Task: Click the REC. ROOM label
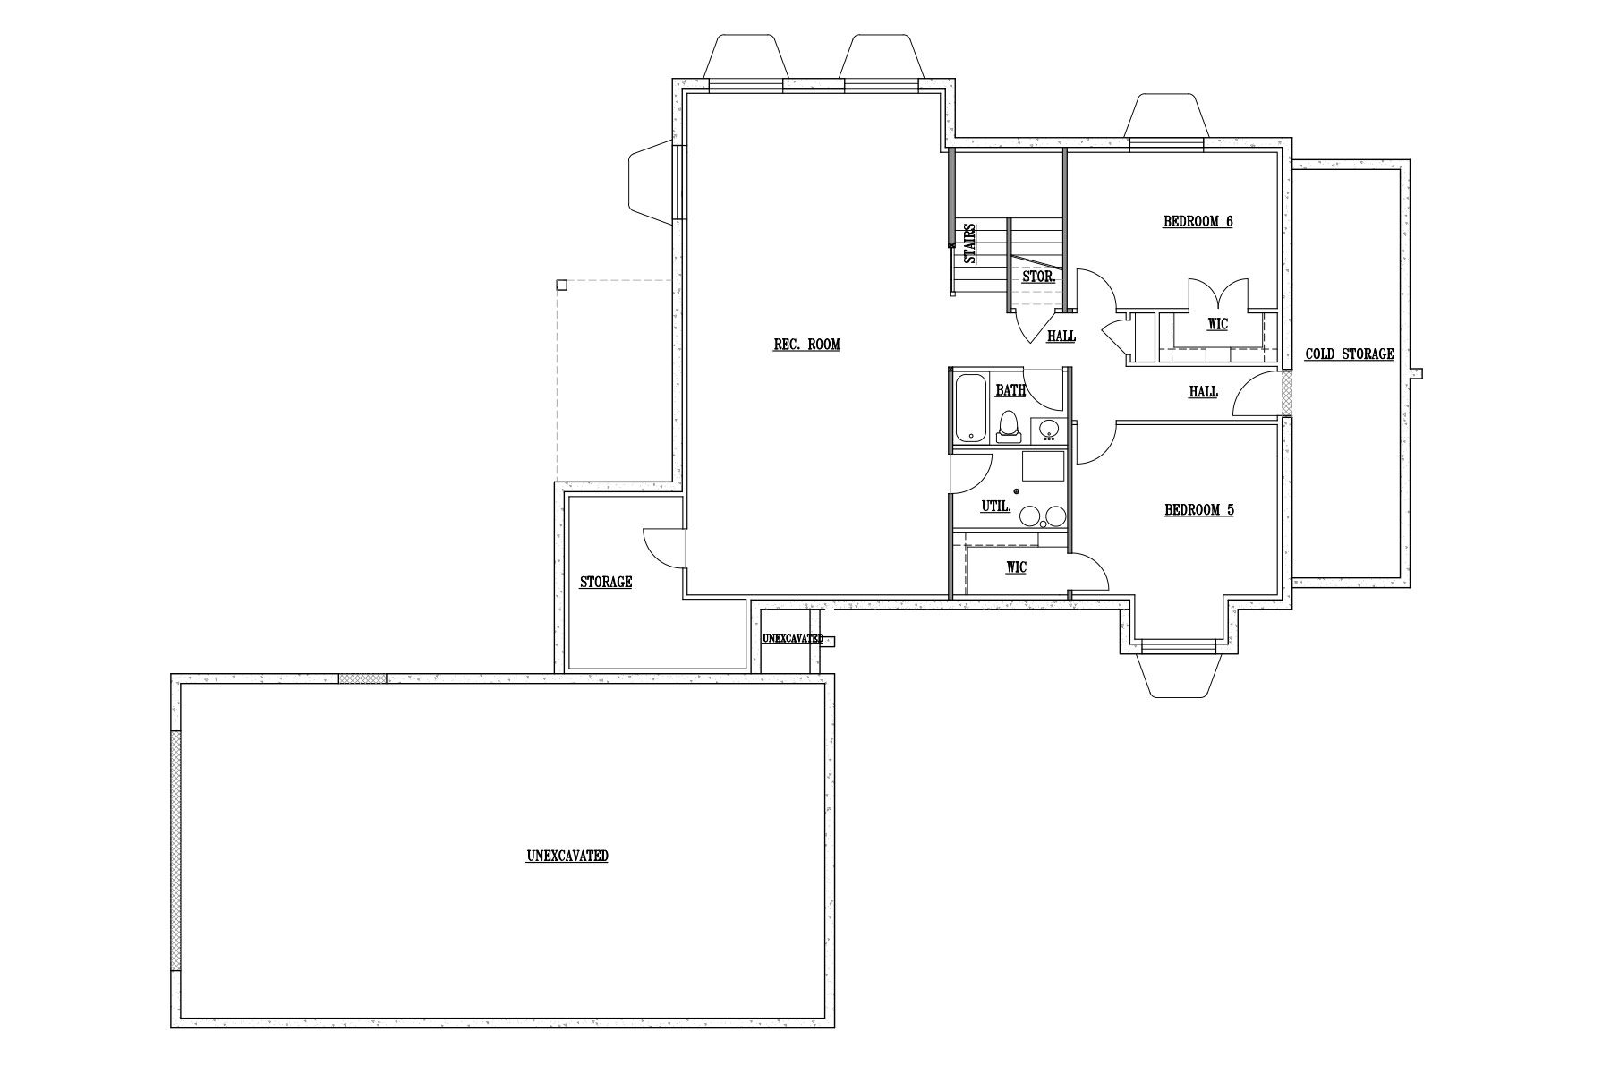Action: click(806, 345)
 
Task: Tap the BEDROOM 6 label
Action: click(1198, 221)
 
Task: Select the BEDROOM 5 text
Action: click(1198, 510)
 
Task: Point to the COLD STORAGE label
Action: click(1349, 354)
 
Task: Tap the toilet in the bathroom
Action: click(1009, 427)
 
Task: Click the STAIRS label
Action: click(969, 243)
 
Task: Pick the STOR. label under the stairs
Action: click(1038, 277)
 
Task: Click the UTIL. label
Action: click(996, 507)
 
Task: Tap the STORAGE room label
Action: click(606, 583)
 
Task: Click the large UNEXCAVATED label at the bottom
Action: click(567, 857)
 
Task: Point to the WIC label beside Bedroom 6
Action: click(1217, 324)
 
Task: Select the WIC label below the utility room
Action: click(1016, 567)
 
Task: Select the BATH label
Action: click(1010, 391)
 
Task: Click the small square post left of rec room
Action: click(561, 286)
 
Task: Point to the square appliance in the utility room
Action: click(1044, 468)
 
